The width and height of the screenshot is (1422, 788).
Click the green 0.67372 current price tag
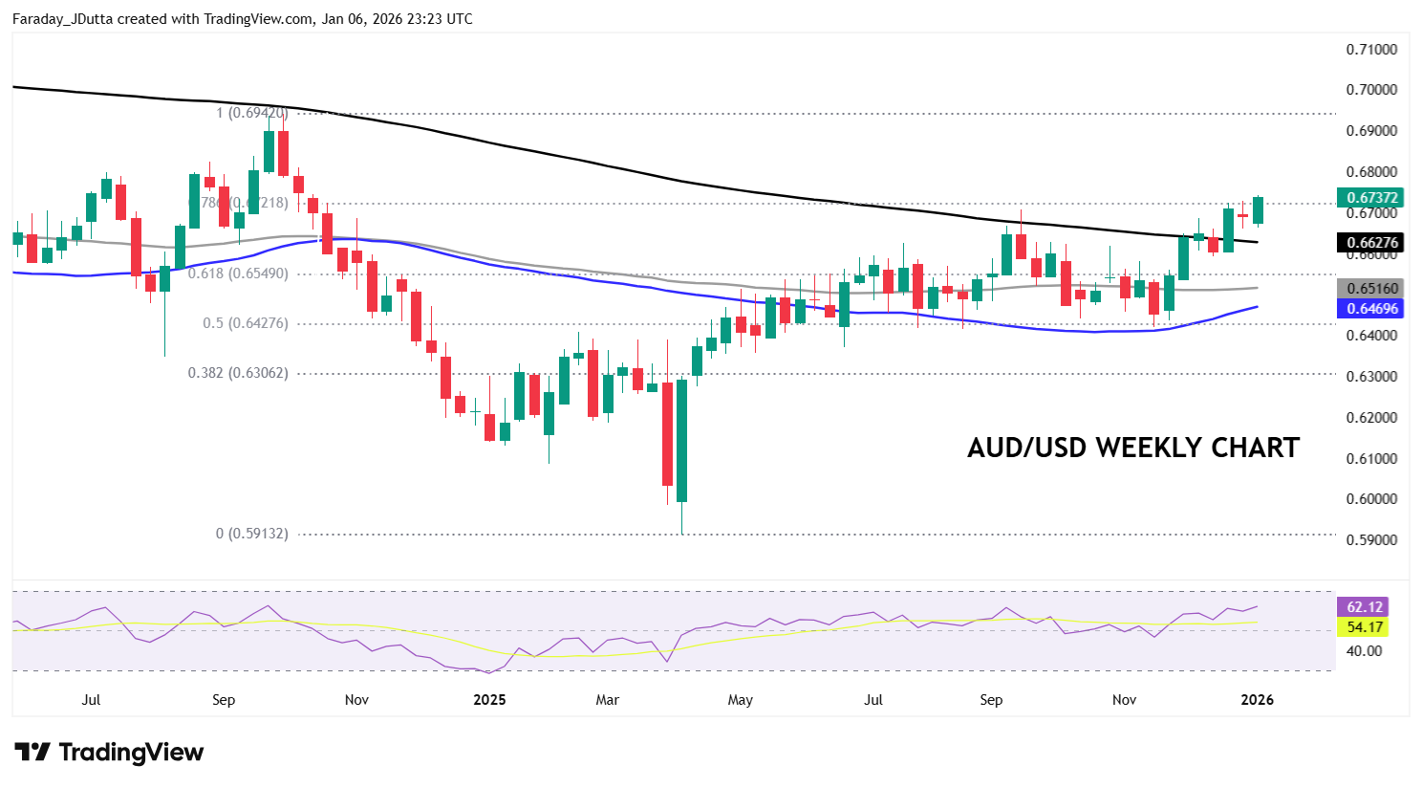1371,198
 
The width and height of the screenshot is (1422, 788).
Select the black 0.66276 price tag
1371,243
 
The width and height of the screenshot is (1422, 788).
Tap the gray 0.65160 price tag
1371,288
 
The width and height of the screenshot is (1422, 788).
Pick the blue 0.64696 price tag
1371,308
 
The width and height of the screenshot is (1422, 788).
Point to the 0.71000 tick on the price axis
1371,50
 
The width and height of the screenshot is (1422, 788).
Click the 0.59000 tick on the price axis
1371,540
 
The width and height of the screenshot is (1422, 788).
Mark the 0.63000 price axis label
1371,377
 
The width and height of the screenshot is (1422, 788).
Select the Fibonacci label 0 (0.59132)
251,534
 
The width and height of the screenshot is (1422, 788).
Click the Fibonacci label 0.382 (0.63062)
238,373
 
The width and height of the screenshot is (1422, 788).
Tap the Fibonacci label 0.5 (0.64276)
245,323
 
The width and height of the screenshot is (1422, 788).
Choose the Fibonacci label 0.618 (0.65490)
238,274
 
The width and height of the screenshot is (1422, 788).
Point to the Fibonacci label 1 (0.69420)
251,113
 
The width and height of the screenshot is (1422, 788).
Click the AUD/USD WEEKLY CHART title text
1133,448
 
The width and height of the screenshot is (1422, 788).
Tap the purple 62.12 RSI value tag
1364,607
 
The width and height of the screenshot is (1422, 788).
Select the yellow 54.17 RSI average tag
1364,627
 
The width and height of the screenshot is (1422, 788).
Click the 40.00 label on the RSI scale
1364,651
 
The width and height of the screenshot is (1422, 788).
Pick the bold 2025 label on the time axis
489,700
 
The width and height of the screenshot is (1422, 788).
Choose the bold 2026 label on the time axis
1257,700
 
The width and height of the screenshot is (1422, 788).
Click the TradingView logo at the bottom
109,753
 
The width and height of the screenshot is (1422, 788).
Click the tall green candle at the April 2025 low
681,440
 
